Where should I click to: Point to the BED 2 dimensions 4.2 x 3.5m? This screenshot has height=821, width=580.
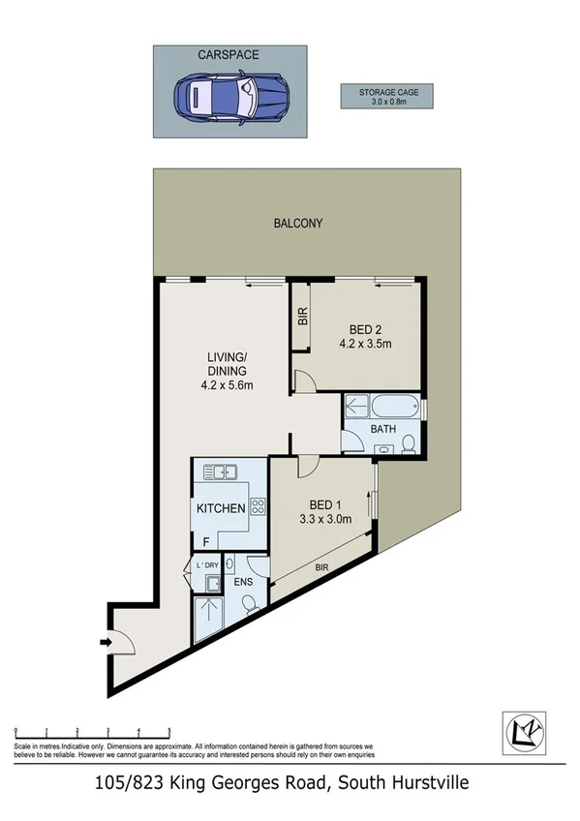pyautogui.click(x=365, y=344)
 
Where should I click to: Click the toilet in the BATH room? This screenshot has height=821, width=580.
pyautogui.click(x=409, y=444)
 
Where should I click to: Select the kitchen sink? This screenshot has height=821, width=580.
pyautogui.click(x=222, y=472)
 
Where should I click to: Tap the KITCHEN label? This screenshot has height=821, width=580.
pyautogui.click(x=221, y=509)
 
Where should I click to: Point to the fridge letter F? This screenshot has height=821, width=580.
pyautogui.click(x=205, y=540)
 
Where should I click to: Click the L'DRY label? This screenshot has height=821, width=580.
pyautogui.click(x=207, y=564)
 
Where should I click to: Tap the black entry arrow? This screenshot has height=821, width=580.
pyautogui.click(x=105, y=640)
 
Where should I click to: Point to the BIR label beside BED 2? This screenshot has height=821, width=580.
pyautogui.click(x=301, y=316)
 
